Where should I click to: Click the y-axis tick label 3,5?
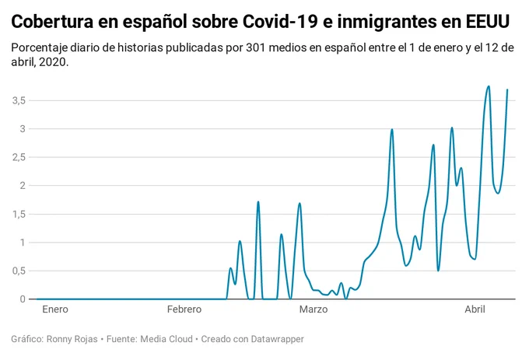click(x=19, y=100)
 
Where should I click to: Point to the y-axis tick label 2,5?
click(x=19, y=157)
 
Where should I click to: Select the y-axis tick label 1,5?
click(x=19, y=214)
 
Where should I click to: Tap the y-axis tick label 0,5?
click(x=19, y=271)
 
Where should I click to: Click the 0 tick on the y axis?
click(x=23, y=299)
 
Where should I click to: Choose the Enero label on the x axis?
click(x=55, y=309)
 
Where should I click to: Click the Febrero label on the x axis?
click(x=184, y=309)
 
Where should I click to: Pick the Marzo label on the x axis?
click(x=314, y=309)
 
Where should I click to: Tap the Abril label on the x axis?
click(x=475, y=309)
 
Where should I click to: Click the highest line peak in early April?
click(x=489, y=86)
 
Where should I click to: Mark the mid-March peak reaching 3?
click(x=391, y=129)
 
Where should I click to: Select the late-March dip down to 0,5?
click(x=438, y=271)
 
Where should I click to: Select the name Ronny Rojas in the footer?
click(x=72, y=339)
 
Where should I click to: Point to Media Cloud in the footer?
click(x=166, y=339)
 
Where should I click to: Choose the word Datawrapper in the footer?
click(x=277, y=339)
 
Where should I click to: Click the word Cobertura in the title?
click(x=52, y=22)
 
